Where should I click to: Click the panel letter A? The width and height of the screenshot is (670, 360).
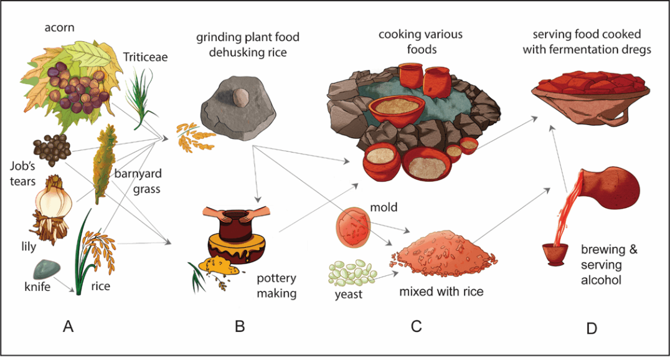(68, 326)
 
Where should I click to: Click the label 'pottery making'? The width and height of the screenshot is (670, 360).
(276, 285)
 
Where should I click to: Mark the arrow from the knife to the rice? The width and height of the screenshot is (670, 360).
(65, 282)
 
